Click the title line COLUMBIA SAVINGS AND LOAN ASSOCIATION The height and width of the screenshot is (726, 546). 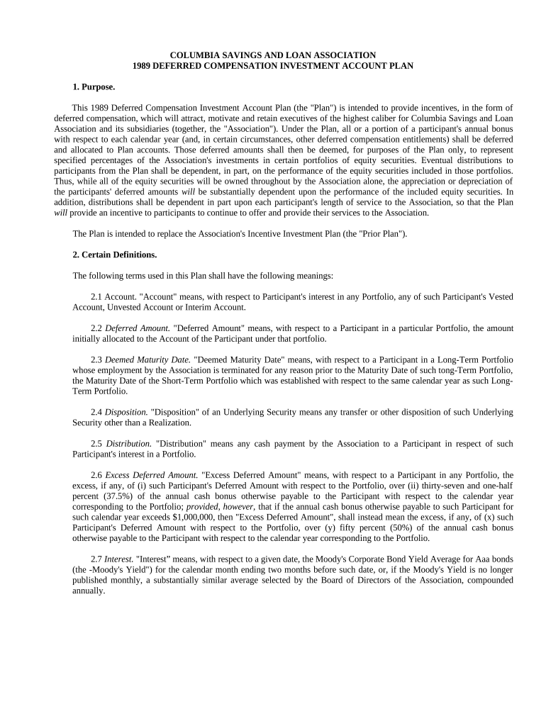coord(273,55)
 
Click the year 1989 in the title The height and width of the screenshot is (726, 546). coord(143,65)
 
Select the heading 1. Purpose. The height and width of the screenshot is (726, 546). coord(94,86)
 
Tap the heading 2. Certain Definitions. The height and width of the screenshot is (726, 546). coord(115,255)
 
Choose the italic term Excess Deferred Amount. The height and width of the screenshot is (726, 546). coord(151,475)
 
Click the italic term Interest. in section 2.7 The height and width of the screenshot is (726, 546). coord(118,559)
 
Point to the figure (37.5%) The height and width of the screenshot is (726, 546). coord(113,496)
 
